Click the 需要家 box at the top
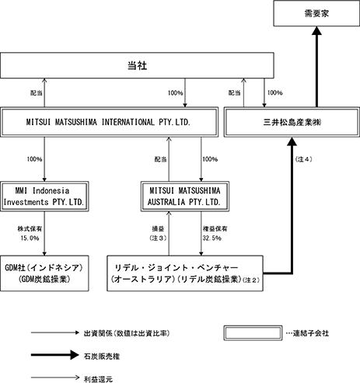click(x=316, y=13)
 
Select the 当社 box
click(x=137, y=65)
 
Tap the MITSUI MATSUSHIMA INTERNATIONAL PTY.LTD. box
click(x=109, y=122)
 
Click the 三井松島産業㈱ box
click(x=292, y=122)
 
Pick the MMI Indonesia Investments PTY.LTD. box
click(x=44, y=197)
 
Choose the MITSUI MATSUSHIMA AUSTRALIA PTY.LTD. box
click(x=185, y=197)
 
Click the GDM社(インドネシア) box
click(x=44, y=273)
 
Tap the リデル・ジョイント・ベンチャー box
click(x=185, y=273)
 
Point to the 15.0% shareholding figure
click(x=30, y=238)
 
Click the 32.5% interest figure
click(x=212, y=238)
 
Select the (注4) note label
click(x=303, y=159)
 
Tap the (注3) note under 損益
click(x=158, y=238)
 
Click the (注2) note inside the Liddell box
click(x=251, y=280)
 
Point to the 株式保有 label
click(x=30, y=229)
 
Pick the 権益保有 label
click(x=215, y=229)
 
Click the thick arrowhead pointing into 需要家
click(x=316, y=30)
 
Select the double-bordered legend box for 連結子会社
click(x=253, y=333)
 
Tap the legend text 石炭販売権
click(x=102, y=357)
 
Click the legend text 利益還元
click(x=98, y=380)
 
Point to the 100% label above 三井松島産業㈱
click(x=275, y=92)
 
